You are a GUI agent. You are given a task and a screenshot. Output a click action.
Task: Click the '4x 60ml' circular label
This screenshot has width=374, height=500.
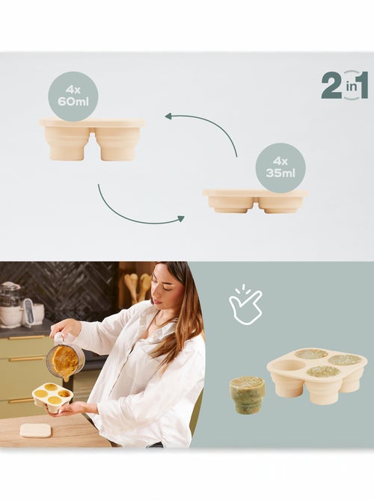click(73, 96)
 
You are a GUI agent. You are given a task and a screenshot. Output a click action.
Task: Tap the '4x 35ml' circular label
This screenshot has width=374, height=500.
click(280, 168)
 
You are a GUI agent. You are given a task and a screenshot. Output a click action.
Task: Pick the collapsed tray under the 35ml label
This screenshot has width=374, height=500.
click(254, 200)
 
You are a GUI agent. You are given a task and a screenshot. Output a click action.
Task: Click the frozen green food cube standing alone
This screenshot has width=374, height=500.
click(247, 394)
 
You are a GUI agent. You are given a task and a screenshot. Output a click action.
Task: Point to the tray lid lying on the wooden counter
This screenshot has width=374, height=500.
click(35, 430)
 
